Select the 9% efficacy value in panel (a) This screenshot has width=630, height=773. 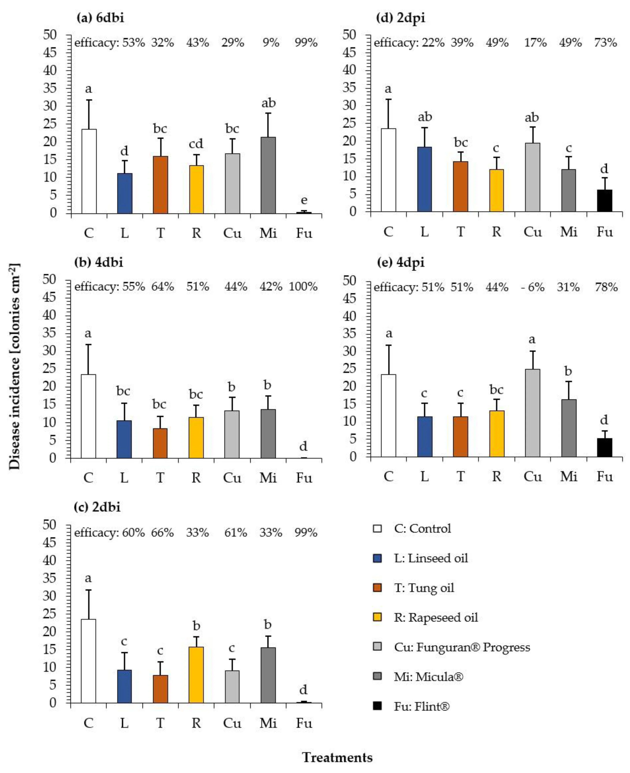(271, 43)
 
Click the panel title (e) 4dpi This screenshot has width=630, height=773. (401, 262)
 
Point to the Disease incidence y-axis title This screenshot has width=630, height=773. (15, 366)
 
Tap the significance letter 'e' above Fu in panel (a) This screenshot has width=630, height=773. (304, 200)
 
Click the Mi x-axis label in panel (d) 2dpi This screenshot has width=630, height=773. (568, 232)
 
